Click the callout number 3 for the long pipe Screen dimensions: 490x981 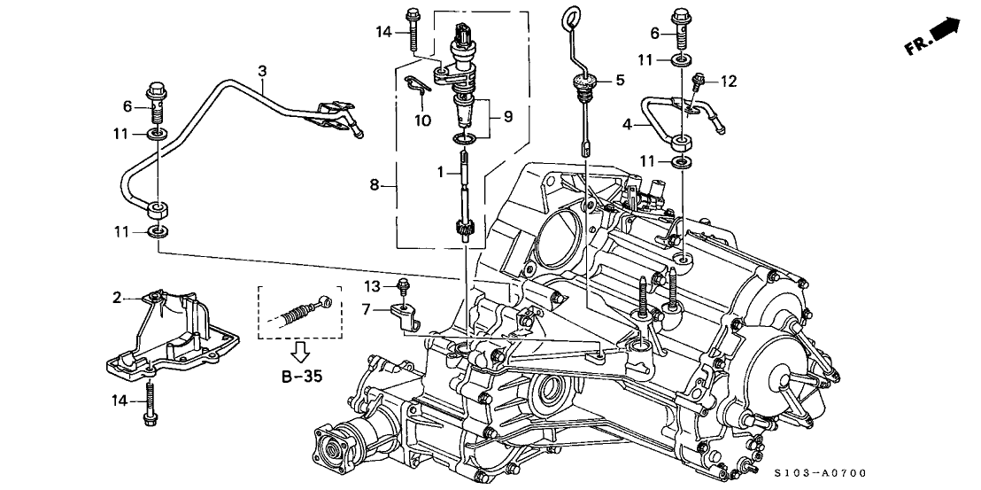tap(262, 70)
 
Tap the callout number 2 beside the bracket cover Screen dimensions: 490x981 tap(116, 298)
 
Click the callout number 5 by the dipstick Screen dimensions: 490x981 tap(620, 81)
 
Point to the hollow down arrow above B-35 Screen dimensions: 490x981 tap(301, 353)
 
